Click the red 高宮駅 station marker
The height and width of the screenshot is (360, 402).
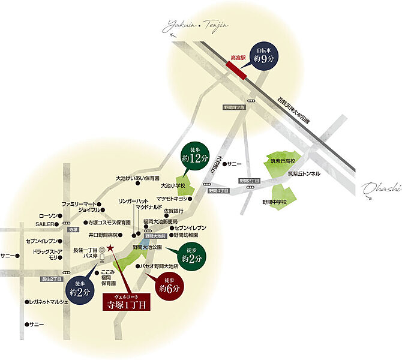point(239,67)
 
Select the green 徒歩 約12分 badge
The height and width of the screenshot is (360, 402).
point(198,155)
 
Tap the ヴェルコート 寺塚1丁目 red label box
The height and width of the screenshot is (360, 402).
point(127,302)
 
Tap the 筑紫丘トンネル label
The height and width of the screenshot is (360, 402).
point(304,174)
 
